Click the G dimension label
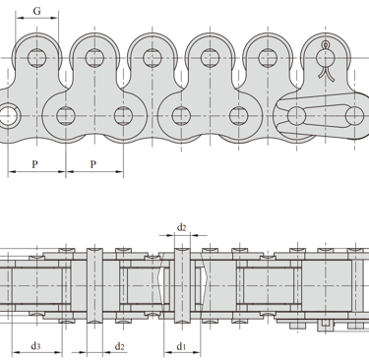pyautogui.click(x=37, y=11)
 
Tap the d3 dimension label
pyautogui.click(x=35, y=345)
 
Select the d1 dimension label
pyautogui.click(x=182, y=346)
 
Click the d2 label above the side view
pyautogui.click(x=182, y=227)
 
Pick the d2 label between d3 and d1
pyautogui.click(x=120, y=346)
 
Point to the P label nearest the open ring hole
pyautogui.click(x=35, y=164)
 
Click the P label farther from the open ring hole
pyautogui.click(x=93, y=164)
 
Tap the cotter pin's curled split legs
pyautogui.click(x=326, y=73)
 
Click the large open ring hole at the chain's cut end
pyautogui.click(x=8, y=115)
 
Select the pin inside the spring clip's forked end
pyautogui.click(x=296, y=116)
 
